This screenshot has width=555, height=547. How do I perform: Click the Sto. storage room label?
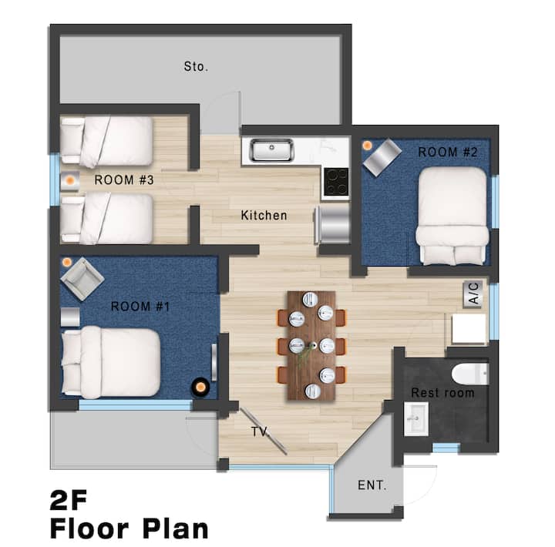point(196,66)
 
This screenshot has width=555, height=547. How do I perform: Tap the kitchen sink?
point(272,150)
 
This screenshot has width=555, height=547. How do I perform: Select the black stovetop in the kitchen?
point(336,182)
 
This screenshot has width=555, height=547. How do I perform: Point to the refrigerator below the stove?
point(333,225)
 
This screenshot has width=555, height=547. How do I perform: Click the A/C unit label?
point(473,294)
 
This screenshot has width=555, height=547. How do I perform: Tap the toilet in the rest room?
point(470,374)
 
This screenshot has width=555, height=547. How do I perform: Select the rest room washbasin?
point(416,419)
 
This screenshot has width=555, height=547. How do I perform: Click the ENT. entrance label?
point(372,485)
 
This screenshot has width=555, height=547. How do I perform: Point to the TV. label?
point(261,431)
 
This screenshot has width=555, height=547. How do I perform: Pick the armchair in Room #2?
point(382,156)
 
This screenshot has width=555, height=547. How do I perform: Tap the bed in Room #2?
point(452,216)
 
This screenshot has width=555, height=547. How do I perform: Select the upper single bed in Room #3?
point(106,142)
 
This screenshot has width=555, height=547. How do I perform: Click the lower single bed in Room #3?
point(106,218)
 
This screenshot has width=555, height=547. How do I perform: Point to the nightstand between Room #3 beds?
point(69,181)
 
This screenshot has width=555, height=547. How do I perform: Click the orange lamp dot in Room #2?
point(368,145)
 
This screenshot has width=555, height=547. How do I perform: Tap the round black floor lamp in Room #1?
point(200,387)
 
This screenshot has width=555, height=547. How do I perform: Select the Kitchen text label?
point(264,215)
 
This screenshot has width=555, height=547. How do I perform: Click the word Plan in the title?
point(175,529)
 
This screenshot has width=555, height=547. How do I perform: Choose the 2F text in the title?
point(69,500)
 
